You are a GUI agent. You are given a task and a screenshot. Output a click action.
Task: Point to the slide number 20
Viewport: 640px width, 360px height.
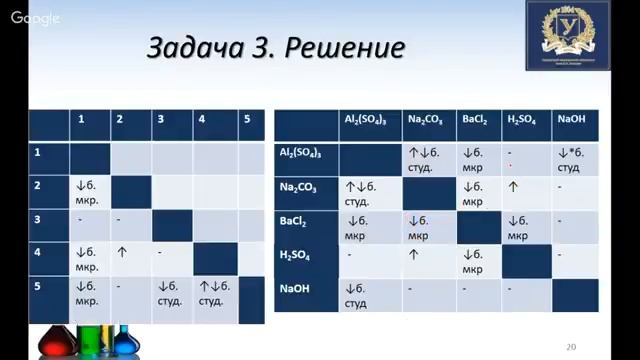click(570, 347)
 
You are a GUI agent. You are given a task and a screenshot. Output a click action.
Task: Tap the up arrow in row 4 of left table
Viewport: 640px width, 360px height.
click(122, 252)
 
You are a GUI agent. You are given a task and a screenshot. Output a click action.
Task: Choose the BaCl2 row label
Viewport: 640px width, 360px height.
click(298, 221)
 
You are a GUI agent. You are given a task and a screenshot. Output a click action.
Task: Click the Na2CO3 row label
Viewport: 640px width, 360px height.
click(300, 186)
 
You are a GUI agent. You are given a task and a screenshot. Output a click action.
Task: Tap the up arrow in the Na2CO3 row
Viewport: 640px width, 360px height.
click(512, 186)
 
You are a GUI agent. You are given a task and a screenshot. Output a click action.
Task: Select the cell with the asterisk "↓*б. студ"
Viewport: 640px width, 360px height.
click(575, 159)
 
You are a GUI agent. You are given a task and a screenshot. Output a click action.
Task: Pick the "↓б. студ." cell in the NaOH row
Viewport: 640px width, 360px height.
click(365, 294)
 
